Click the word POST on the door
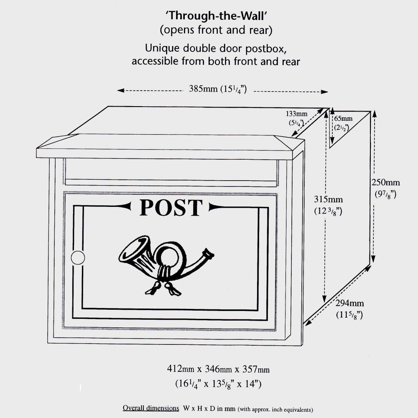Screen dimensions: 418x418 tap(171, 208)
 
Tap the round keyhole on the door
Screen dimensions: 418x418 tap(78, 257)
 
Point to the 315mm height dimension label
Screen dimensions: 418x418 tap(329, 199)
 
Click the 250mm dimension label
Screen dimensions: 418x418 tap(385, 183)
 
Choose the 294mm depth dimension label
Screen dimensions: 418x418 tap(349, 303)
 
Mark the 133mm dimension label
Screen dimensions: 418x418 tap(296, 114)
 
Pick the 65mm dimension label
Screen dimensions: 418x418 tap(343, 119)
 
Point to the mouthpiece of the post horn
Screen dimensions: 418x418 tap(208, 254)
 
